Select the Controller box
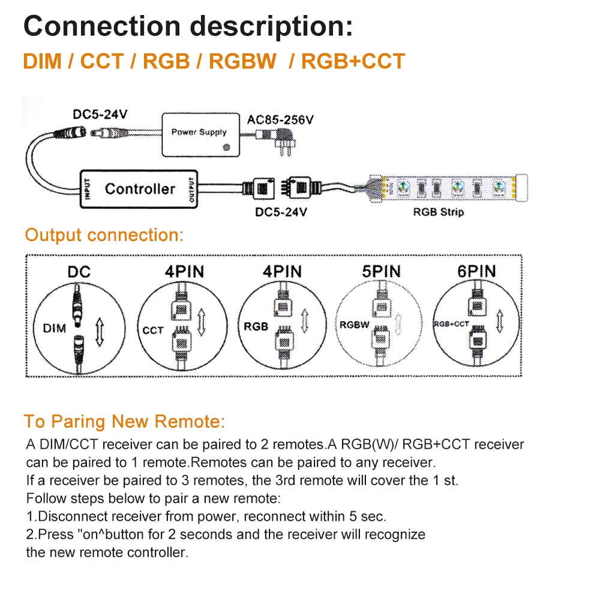[x=139, y=189]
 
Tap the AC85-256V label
[x=280, y=119]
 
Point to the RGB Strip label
[x=438, y=212]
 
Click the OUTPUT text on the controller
[x=192, y=189]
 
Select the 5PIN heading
[x=381, y=271]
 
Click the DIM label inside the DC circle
[x=55, y=328]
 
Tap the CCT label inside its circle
[x=153, y=329]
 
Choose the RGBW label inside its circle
[x=354, y=325]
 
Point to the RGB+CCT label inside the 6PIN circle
[x=451, y=324]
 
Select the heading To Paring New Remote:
[x=124, y=421]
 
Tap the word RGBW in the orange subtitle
[x=242, y=61]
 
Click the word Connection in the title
[x=102, y=26]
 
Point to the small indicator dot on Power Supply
[x=226, y=146]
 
